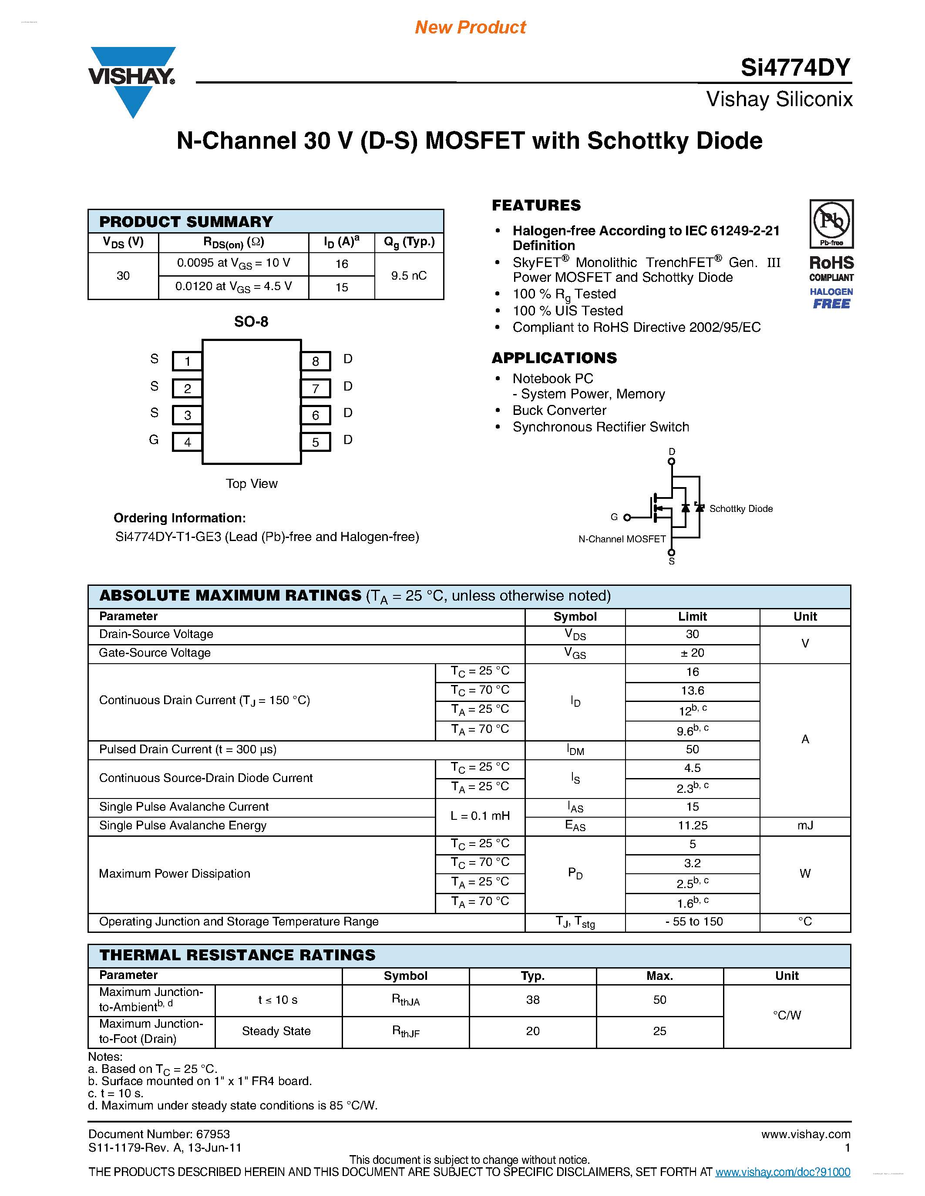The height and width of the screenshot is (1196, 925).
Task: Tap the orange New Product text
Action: (470, 27)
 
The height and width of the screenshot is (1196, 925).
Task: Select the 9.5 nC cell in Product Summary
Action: (409, 275)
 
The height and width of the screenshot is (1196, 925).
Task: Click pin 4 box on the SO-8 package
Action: (188, 442)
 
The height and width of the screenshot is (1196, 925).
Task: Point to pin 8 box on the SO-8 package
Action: (316, 361)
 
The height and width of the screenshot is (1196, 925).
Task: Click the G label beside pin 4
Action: (154, 440)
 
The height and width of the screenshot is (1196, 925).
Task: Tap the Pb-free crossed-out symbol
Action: (831, 222)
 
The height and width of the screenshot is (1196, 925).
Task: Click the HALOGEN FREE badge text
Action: (831, 298)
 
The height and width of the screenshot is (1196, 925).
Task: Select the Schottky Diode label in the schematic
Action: (741, 509)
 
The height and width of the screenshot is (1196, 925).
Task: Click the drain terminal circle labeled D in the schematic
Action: (671, 461)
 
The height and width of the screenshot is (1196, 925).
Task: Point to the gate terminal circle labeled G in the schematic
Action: (627, 518)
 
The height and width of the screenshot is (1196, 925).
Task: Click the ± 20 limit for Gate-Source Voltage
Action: (692, 653)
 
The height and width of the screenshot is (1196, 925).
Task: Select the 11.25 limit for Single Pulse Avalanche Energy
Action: (692, 825)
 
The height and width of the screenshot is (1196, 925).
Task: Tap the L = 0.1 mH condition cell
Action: (480, 816)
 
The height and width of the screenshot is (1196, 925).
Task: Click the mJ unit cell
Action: (804, 825)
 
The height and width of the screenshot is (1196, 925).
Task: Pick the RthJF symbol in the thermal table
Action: (406, 1031)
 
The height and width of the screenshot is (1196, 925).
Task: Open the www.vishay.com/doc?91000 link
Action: (783, 1172)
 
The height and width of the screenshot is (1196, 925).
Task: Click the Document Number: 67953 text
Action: (159, 1134)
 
